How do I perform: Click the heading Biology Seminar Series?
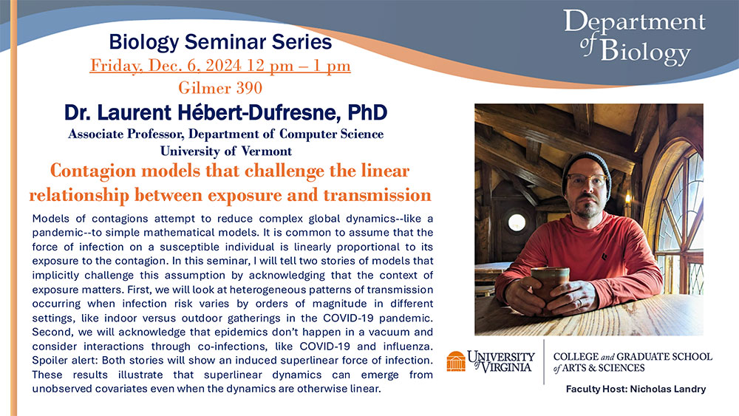click(220, 42)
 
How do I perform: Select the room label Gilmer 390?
click(220, 88)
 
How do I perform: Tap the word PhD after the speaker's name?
click(367, 112)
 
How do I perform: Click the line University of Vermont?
click(226, 151)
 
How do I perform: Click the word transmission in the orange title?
click(377, 195)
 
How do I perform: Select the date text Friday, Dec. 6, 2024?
click(166, 66)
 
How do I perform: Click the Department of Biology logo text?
click(634, 37)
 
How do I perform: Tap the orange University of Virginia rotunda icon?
click(456, 361)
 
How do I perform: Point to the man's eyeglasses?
click(587, 180)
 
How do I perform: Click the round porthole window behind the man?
click(517, 222)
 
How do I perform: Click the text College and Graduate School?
click(633, 357)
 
